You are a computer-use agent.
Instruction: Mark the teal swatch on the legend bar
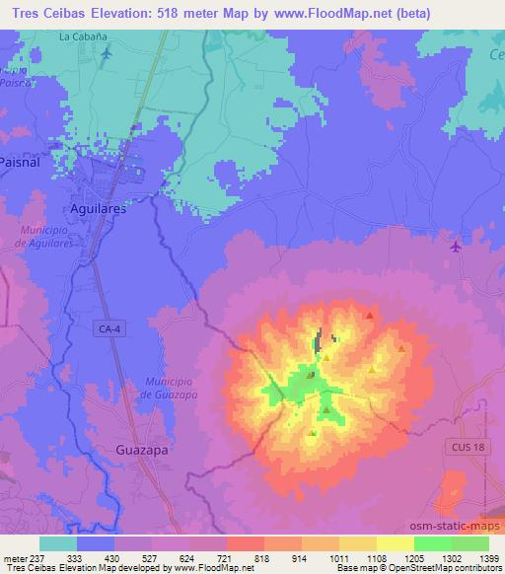point(58,543)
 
